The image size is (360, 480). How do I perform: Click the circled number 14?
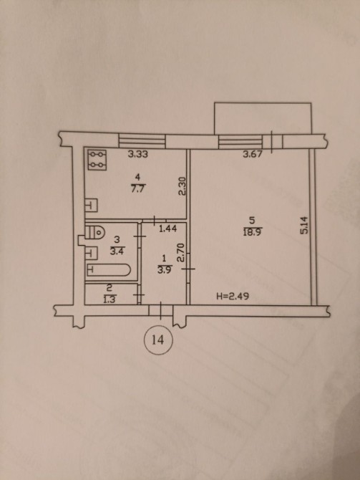pos(158,340)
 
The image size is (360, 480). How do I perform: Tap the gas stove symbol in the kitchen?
pos(97,160)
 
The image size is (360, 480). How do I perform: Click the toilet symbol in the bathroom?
pos(95,233)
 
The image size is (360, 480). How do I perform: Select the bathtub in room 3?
pos(108,269)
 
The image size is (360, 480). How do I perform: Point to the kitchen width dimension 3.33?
pos(137,154)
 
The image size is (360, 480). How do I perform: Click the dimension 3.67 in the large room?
pos(253,154)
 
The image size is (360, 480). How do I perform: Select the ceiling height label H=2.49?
pos(233,296)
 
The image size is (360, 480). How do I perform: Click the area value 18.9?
pos(253,232)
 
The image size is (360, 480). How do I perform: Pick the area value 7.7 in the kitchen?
pos(137,188)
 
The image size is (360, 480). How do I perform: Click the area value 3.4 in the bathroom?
pos(117,251)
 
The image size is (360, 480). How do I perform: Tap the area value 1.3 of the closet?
pos(110,299)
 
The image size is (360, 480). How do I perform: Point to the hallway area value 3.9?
pos(164,269)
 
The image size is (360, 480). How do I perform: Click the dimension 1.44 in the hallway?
pos(168,229)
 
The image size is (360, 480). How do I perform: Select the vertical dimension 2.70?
pos(181,252)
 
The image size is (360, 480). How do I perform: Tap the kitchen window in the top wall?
pos(142,141)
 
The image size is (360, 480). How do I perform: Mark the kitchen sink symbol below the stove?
pos(91,206)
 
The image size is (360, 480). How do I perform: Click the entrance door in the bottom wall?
pos(161,310)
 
